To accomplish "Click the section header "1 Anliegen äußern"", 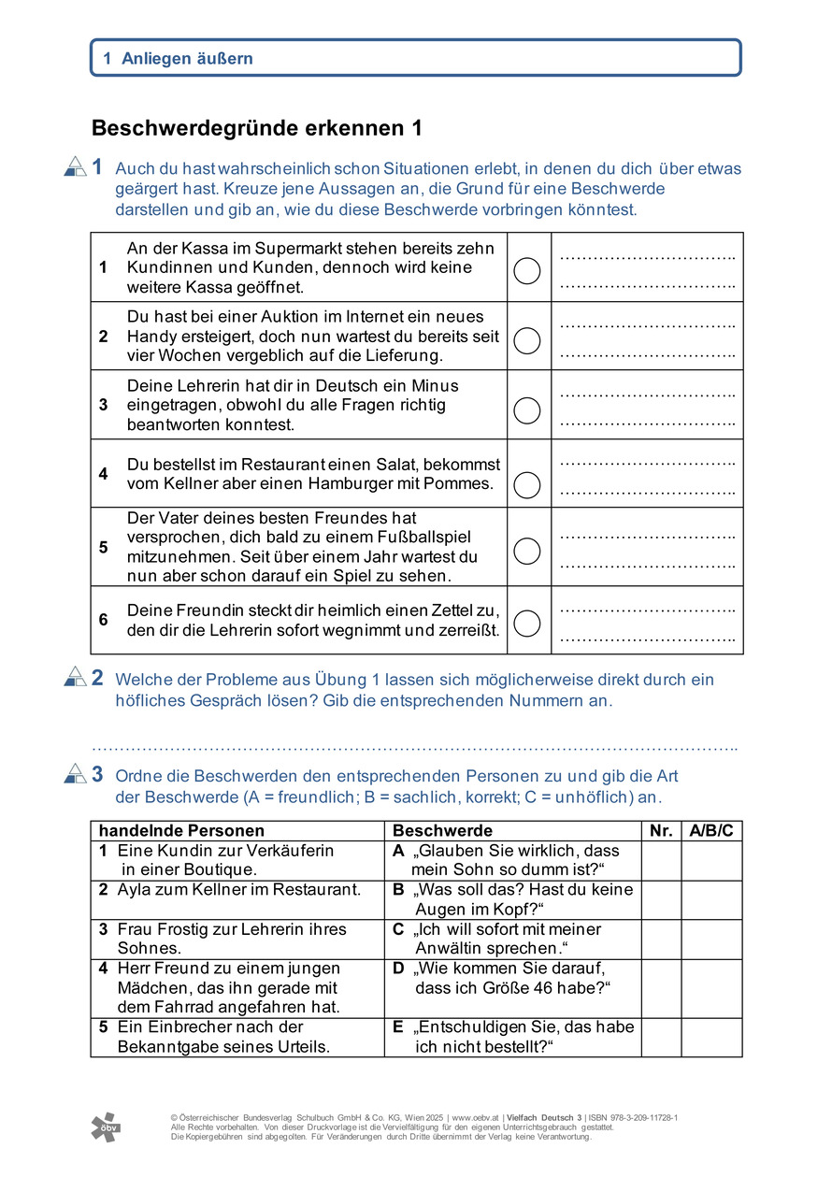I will [178, 58].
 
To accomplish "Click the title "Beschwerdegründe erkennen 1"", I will [257, 128].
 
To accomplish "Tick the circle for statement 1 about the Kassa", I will [527, 271].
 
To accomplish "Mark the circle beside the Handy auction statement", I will [527, 340].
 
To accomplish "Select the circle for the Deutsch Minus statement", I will [527, 409].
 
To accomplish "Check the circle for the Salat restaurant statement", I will [527, 484].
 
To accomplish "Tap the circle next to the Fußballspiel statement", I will [527, 551].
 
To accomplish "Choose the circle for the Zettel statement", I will [527, 623].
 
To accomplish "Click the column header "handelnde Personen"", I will [181, 830].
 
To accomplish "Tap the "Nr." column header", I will [661, 830].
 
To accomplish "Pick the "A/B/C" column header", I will [711, 830].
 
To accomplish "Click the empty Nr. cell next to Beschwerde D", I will [661, 978].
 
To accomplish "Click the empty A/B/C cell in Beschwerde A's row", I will [711, 860].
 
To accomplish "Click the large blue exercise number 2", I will [97, 679].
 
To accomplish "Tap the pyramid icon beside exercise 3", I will [75, 773].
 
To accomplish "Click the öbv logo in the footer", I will [105, 1127].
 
